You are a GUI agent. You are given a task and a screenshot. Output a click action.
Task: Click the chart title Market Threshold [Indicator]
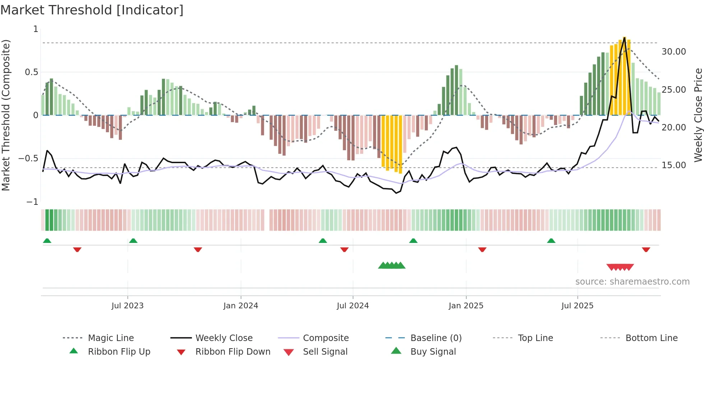[92, 10]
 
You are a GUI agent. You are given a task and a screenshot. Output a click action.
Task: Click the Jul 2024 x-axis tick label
[353, 306]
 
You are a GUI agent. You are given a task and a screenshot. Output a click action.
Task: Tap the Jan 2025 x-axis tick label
[466, 306]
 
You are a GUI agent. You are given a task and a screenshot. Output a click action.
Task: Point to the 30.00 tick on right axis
[673, 52]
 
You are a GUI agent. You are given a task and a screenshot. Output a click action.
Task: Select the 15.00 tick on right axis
[673, 165]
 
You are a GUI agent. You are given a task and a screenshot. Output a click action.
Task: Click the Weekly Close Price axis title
[698, 115]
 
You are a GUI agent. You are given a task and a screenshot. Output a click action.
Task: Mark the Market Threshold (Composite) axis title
[6, 115]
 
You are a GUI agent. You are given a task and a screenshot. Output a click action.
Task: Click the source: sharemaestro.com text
[632, 282]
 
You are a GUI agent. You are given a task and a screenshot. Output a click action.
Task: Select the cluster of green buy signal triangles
[392, 266]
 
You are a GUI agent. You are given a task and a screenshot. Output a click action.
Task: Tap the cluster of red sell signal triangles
[620, 267]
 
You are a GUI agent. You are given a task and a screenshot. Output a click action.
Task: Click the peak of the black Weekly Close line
[625, 37]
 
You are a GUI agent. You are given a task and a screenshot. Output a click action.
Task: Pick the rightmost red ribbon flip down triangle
[646, 249]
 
